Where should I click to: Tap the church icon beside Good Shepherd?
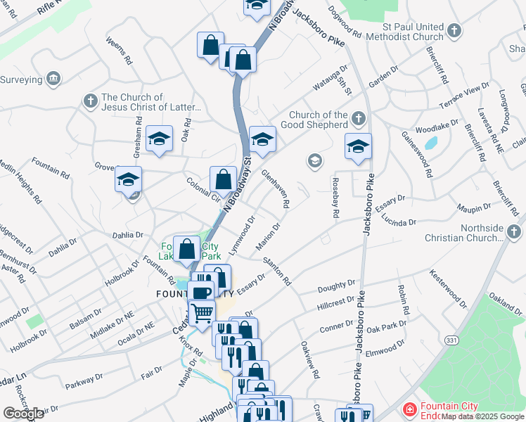359,117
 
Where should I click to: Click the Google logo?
23,414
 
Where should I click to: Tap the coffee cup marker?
200,293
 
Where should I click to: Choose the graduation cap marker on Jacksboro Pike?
358,146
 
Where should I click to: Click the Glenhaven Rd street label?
276,188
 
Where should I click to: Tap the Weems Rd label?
119,51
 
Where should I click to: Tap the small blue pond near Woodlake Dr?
430,145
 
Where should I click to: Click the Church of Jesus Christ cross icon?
90,102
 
